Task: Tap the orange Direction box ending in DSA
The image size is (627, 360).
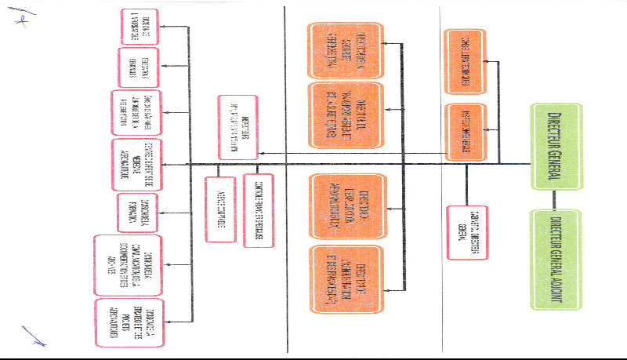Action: coord(345,46)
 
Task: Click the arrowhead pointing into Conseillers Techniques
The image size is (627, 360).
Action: coord(487,61)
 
